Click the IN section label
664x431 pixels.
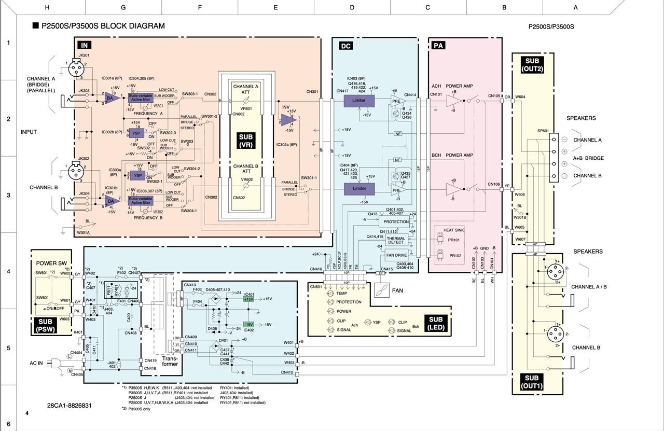point(84,46)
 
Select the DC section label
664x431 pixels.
point(346,46)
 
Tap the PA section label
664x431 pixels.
point(438,46)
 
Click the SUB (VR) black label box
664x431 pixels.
point(246,140)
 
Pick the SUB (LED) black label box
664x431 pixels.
point(436,324)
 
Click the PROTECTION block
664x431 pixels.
point(396,221)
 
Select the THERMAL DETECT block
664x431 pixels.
point(396,240)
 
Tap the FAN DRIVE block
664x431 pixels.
point(396,256)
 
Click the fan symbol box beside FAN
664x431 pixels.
point(383,290)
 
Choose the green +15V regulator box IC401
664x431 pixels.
point(248,299)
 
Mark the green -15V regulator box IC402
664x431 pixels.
point(248,324)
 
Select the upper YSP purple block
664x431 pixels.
point(137,133)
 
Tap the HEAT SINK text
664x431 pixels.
point(453,230)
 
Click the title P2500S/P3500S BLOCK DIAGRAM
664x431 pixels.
point(103,26)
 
